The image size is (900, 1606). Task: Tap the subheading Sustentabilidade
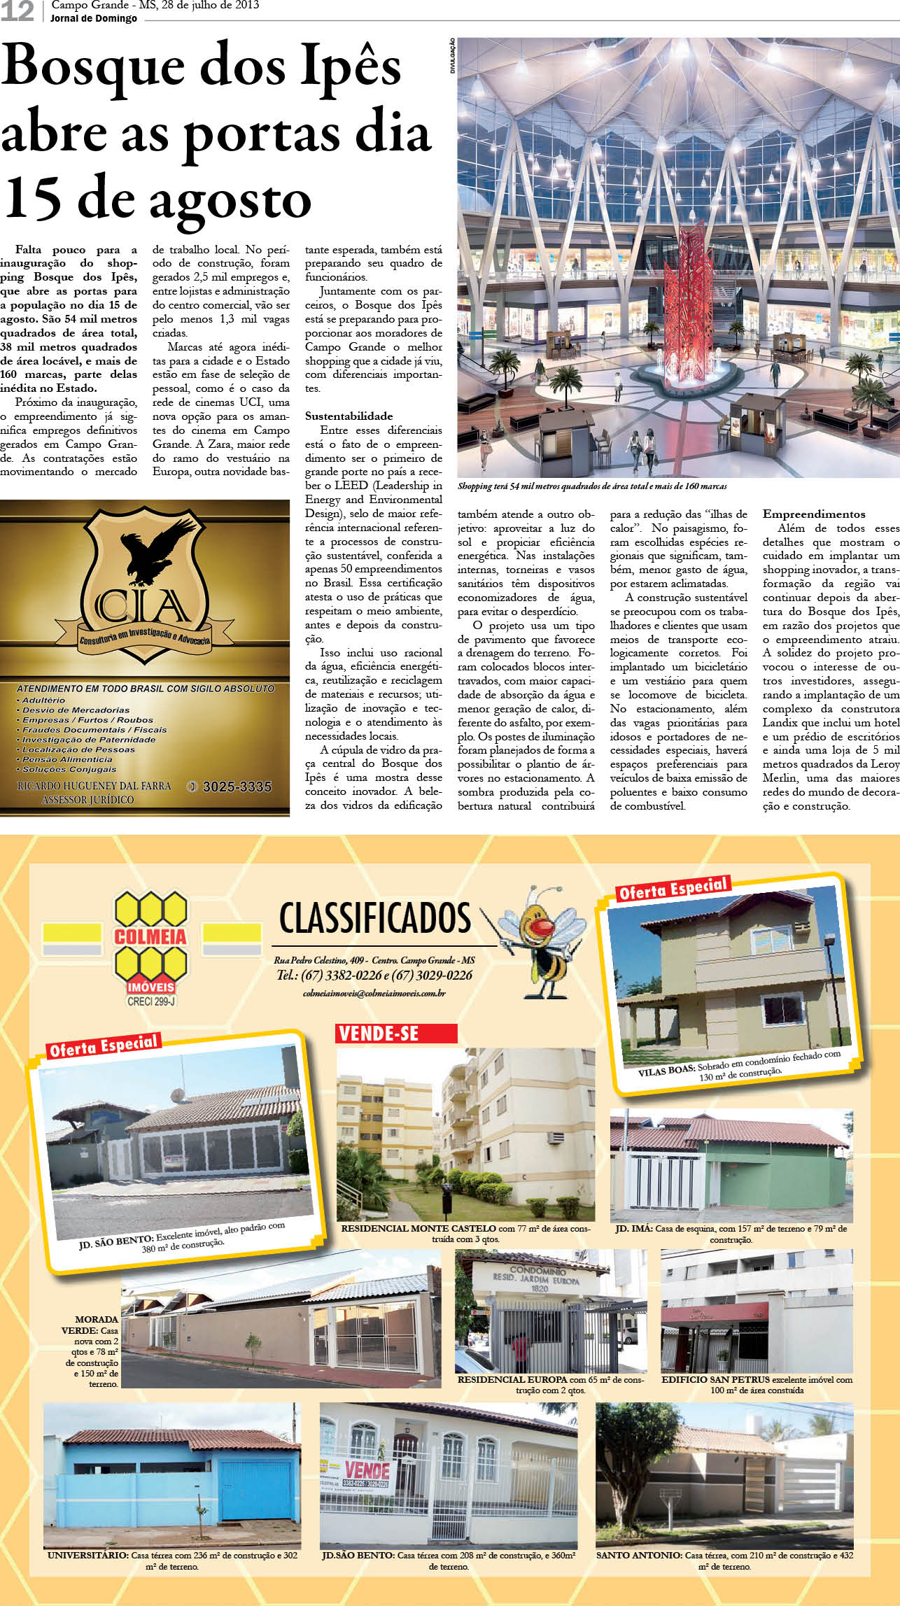click(x=349, y=416)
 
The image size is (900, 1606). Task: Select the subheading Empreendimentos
click(x=814, y=514)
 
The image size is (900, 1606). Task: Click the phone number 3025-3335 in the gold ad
click(x=237, y=787)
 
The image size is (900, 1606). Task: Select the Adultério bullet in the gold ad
click(x=43, y=700)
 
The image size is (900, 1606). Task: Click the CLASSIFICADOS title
click(x=375, y=918)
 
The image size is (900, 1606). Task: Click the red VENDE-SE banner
click(x=396, y=1034)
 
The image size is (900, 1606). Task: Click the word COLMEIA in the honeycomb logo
click(x=150, y=937)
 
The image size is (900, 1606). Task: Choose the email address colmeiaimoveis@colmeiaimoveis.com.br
click(x=374, y=994)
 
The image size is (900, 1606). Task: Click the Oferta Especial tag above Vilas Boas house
click(x=673, y=889)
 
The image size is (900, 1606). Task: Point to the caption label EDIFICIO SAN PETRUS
click(x=715, y=1380)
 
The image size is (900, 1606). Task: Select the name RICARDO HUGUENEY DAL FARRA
click(x=94, y=786)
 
